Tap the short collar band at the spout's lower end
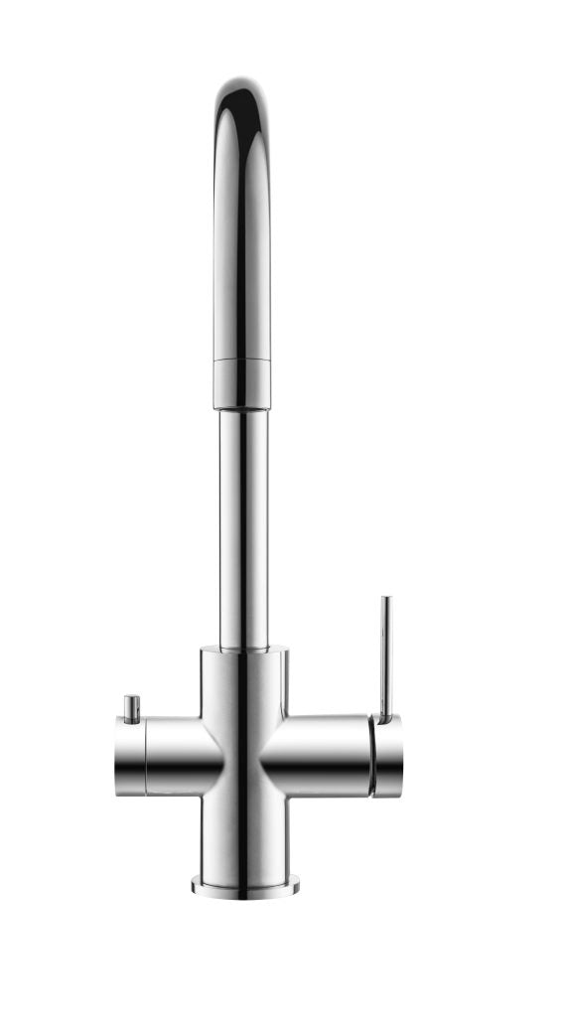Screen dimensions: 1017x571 [x=241, y=384]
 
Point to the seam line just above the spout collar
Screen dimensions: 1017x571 [x=241, y=360]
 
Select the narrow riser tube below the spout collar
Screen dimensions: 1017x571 [x=243, y=526]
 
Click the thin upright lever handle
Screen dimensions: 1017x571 [x=385, y=655]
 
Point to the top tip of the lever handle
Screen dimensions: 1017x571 [x=385, y=600]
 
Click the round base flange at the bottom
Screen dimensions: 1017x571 [x=243, y=884]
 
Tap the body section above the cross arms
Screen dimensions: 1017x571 [x=243, y=680]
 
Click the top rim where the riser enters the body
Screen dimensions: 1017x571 [x=243, y=650]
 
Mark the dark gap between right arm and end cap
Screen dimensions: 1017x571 [x=371, y=757]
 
